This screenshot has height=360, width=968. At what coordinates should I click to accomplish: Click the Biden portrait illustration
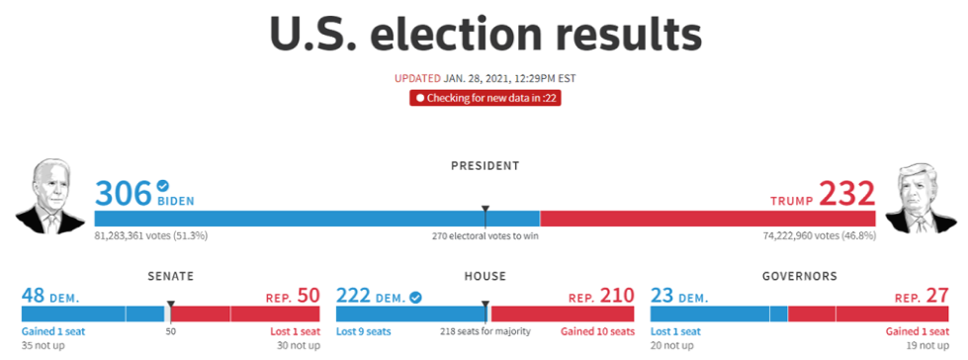[x=43, y=196]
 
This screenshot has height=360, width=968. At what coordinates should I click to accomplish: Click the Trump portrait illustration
[x=921, y=198]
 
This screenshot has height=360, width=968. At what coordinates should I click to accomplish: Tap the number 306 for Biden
[x=123, y=193]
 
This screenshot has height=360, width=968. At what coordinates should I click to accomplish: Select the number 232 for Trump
[x=847, y=193]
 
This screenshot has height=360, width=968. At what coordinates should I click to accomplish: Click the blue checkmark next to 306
[x=163, y=185]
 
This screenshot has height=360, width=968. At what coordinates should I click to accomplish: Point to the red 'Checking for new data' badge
[x=484, y=98]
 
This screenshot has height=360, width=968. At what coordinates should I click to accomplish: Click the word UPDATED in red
[x=417, y=79]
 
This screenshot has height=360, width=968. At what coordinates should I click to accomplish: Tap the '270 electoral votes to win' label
[x=484, y=236]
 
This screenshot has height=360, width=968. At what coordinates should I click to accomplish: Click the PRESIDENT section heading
[x=484, y=165]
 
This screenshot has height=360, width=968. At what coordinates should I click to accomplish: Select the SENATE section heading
[x=170, y=276]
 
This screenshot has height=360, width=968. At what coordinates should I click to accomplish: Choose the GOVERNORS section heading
[x=800, y=276]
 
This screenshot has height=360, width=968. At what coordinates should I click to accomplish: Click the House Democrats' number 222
[x=353, y=296]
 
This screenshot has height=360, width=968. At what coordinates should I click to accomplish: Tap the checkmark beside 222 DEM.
[x=415, y=298]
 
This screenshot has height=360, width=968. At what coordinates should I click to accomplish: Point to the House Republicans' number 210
[x=617, y=296]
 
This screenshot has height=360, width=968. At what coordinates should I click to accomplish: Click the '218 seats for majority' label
[x=484, y=331]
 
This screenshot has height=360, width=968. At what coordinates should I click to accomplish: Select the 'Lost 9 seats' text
[x=364, y=331]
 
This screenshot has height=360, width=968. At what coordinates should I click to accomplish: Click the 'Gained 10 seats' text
[x=597, y=331]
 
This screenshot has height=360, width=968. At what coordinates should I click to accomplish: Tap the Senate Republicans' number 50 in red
[x=308, y=296]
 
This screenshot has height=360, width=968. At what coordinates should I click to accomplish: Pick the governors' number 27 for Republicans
[x=937, y=296]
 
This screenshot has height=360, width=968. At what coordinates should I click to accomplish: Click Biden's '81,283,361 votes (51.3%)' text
[x=150, y=236]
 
